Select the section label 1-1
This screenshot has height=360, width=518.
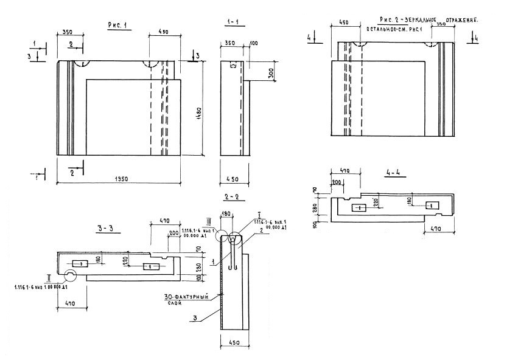coord(232,23)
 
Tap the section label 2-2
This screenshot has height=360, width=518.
coord(231,198)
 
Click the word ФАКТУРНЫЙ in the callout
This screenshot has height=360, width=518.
coord(191,297)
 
